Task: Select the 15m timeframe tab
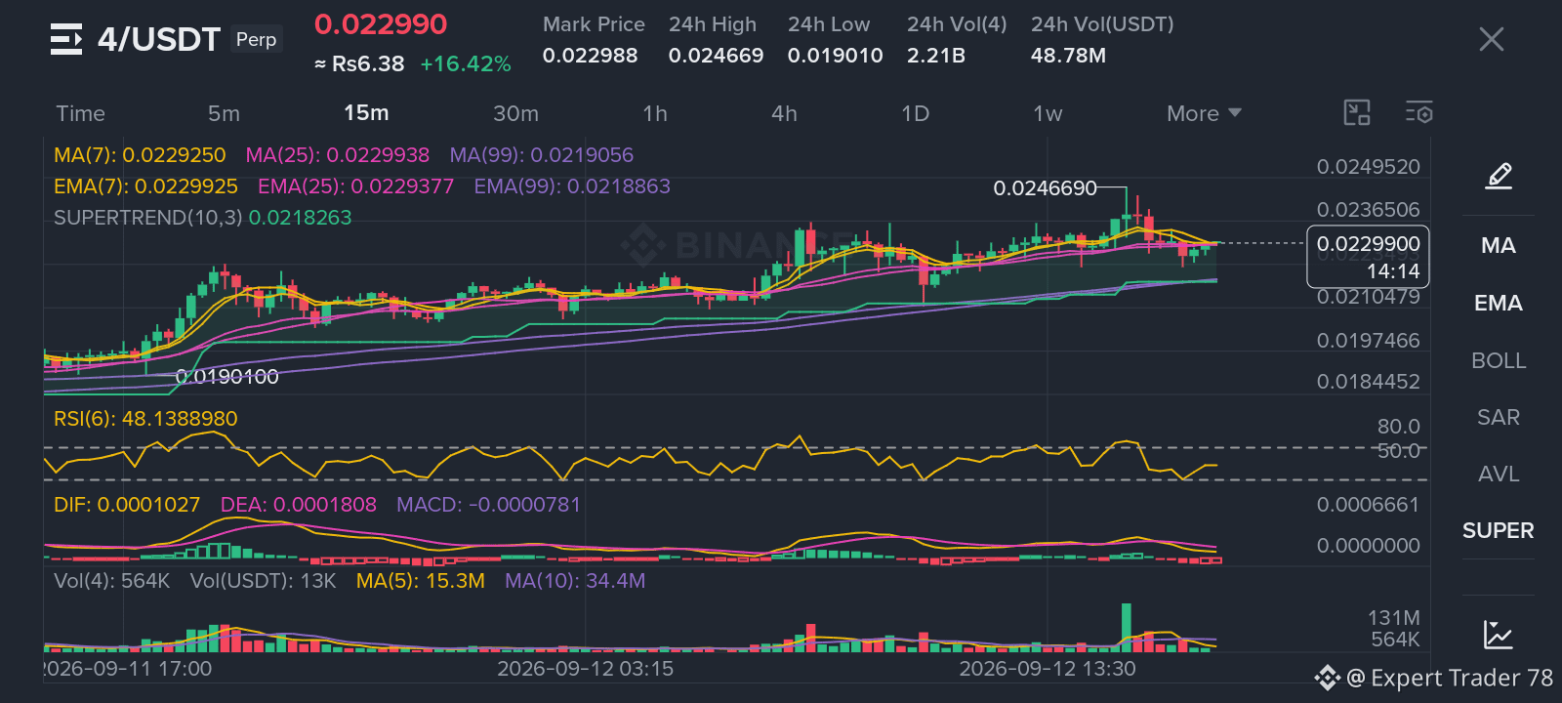[366, 113]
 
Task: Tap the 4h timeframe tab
[784, 113]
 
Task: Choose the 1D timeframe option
[915, 113]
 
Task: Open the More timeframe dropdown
[1204, 113]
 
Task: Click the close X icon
[1491, 39]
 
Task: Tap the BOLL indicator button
[1498, 360]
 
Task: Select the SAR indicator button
[1498, 417]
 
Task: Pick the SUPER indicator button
[1498, 530]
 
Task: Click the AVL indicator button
[1498, 474]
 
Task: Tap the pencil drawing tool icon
[1499, 176]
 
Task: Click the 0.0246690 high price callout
[1045, 187]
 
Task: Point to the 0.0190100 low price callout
[226, 377]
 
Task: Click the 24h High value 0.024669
[716, 55]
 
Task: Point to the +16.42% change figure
[465, 64]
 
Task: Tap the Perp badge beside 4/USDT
[256, 39]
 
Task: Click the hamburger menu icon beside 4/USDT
[66, 39]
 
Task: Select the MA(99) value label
[541, 155]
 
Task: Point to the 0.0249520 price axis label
[1368, 167]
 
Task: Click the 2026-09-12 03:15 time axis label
[585, 669]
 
